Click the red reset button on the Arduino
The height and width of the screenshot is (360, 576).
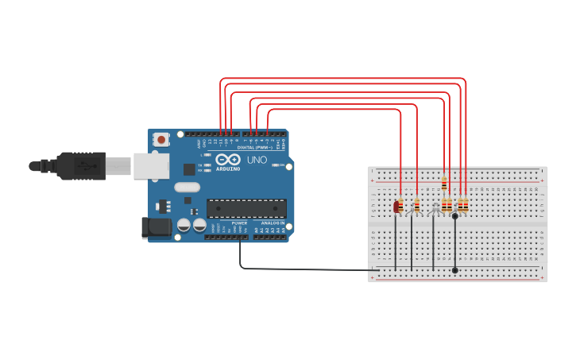(x=162, y=140)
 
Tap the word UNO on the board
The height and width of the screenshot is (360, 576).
(x=257, y=160)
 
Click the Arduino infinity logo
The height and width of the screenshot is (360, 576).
(x=228, y=160)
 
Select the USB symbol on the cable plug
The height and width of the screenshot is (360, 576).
(x=84, y=165)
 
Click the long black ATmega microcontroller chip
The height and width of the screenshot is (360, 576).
(x=246, y=208)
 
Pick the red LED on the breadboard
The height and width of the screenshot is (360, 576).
(x=396, y=207)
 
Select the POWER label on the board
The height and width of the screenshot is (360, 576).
(x=239, y=223)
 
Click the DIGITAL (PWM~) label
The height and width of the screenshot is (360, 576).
(x=255, y=148)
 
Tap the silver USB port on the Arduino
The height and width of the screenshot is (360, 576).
(x=150, y=165)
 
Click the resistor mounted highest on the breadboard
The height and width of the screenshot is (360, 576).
(x=444, y=185)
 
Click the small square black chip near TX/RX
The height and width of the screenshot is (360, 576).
(x=189, y=168)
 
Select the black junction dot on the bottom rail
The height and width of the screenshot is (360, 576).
(x=454, y=270)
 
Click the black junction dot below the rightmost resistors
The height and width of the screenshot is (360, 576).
(x=454, y=215)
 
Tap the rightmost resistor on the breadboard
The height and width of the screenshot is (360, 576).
(x=466, y=205)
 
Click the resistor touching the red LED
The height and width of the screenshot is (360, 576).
(x=401, y=206)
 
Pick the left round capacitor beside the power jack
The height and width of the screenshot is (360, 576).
(x=184, y=226)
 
